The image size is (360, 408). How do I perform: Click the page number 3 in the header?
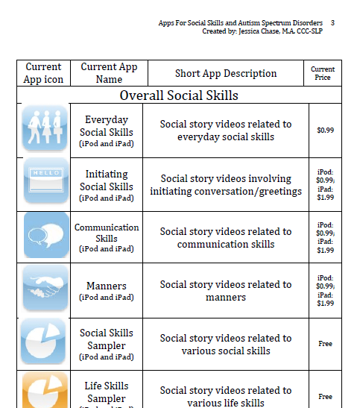coord(332,23)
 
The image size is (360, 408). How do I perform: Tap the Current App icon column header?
coord(43,73)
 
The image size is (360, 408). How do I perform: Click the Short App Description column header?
coord(226,74)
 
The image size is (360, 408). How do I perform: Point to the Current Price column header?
coord(323,73)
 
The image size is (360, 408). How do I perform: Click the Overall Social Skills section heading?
coord(179,95)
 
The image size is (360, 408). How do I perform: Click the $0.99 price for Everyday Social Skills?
coord(325,131)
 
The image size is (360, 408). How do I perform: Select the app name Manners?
coord(107,286)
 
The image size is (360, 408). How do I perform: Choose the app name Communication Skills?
coord(107,233)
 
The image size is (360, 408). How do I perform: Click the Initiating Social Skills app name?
coord(107,181)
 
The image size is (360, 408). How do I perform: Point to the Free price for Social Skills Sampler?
coord(325,344)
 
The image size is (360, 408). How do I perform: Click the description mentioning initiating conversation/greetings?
coord(226,185)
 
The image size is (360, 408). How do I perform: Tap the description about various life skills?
coord(226,397)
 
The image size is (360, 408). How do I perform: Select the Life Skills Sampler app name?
coord(107,392)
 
